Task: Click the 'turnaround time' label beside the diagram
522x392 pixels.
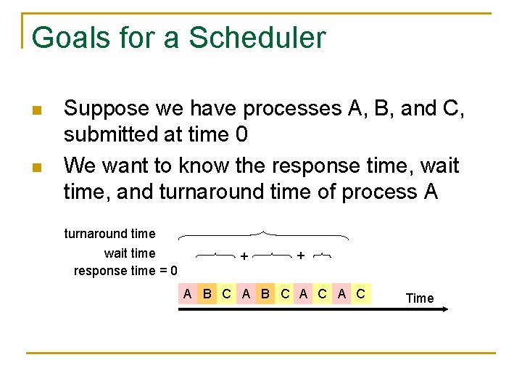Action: coord(110,234)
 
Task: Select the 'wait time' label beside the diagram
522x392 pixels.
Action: coord(130,253)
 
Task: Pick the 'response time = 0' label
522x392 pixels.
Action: coord(125,271)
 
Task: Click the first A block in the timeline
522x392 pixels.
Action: coord(188,294)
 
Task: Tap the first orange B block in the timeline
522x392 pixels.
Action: coord(207,294)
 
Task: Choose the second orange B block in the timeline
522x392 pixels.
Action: coord(265,294)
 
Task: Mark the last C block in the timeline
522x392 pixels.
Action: coord(360,294)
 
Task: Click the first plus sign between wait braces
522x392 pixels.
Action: coord(244,256)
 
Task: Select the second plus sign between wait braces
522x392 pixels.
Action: coord(300,256)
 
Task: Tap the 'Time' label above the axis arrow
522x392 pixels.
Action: coord(420,298)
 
